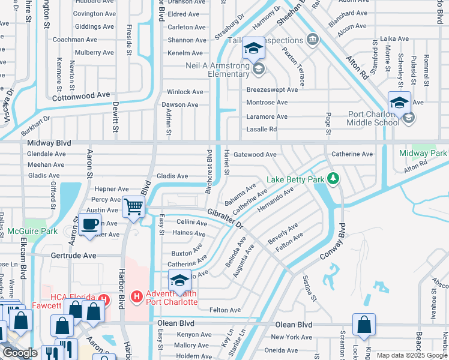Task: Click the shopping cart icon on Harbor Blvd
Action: [x=133, y=206]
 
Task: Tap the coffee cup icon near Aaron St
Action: [x=90, y=224]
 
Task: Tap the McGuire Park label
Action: [x=32, y=230]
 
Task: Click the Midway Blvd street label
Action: [x=49, y=143]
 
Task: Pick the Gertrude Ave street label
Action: [x=74, y=255]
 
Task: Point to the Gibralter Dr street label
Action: [x=225, y=218]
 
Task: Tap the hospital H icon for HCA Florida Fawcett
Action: [x=103, y=298]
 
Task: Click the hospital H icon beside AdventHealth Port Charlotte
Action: [x=137, y=296]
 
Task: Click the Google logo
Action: [x=20, y=352]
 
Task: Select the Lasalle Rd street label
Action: [x=262, y=129]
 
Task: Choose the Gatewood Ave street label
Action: [x=255, y=154]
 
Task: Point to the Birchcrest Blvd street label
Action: [x=209, y=171]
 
